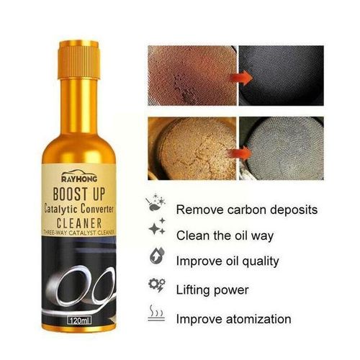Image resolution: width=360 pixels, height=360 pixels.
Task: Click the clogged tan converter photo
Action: point(189,151)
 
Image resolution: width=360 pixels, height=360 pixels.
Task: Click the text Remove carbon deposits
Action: point(246,210)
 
